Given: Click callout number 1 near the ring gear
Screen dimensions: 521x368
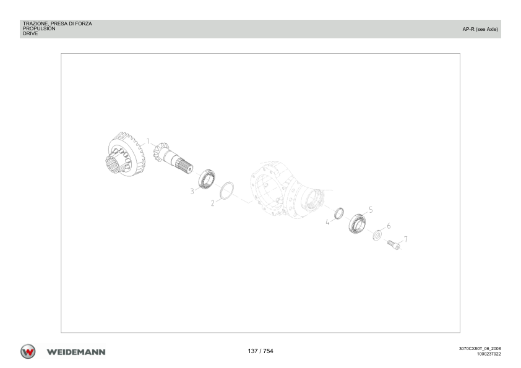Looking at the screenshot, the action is [x=148, y=142].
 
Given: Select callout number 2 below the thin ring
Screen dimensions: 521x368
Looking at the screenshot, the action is [x=213, y=203].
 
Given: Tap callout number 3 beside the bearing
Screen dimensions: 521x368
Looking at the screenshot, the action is [x=192, y=191].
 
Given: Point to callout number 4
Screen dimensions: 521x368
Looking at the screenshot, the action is [x=327, y=222].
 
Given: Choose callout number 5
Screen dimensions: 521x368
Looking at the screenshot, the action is [x=371, y=210].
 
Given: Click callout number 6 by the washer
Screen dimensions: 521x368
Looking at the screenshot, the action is [x=389, y=226].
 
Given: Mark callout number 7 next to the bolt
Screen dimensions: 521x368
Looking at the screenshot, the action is [x=406, y=239].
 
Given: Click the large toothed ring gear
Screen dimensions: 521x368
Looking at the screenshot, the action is [x=125, y=155].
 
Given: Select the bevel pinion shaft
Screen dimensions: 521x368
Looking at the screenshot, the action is [x=173, y=158].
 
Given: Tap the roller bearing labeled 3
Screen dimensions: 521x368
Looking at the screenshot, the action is [x=207, y=179].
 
